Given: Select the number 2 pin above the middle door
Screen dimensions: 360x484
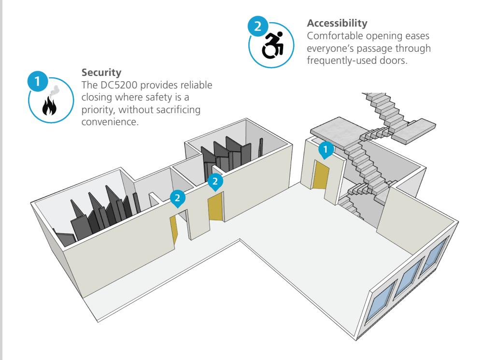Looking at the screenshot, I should pyautogui.click(x=215, y=181).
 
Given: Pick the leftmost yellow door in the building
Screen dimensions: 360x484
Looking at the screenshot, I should pyautogui.click(x=174, y=231).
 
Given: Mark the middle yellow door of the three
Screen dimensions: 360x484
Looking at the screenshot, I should pyautogui.click(x=215, y=206).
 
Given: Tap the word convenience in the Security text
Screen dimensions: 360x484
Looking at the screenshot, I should pyautogui.click(x=107, y=116).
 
